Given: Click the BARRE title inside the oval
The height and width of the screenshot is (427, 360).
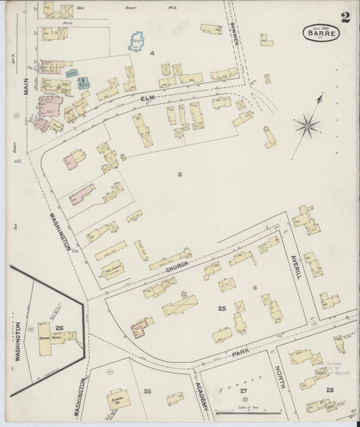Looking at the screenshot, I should (x=321, y=31).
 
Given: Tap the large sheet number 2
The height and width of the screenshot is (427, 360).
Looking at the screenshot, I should (x=345, y=17).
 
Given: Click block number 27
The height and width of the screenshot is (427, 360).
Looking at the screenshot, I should (x=243, y=391).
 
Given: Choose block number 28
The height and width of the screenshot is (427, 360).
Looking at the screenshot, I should (x=330, y=391).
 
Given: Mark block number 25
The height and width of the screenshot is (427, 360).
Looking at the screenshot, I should (x=222, y=308).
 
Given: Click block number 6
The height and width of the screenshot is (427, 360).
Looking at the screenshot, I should (x=180, y=174).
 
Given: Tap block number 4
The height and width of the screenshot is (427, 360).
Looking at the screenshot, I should (x=152, y=52).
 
